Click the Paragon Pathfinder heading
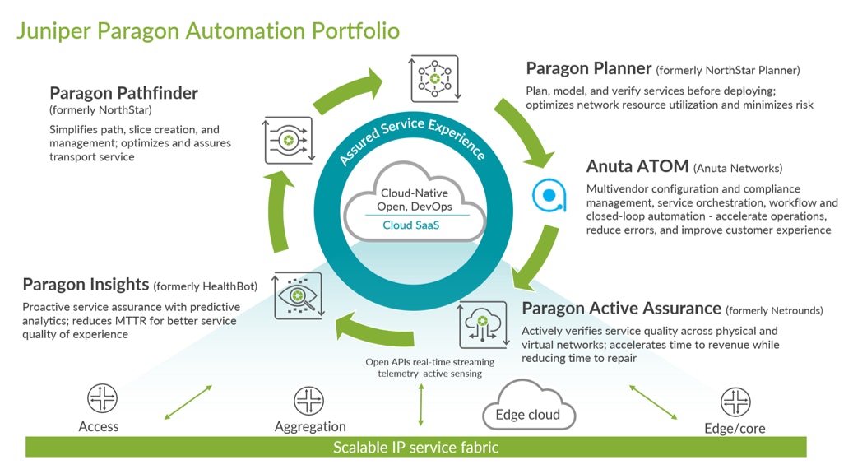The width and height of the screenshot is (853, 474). (x=123, y=93)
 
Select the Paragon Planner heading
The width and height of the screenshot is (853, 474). (x=589, y=69)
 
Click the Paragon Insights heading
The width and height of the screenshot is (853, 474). (x=86, y=285)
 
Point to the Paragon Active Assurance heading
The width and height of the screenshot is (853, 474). (x=621, y=309)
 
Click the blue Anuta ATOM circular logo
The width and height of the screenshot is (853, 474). (x=548, y=194)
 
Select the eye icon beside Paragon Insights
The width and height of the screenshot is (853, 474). (x=299, y=296)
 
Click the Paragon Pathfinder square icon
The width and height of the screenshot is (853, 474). (x=288, y=139)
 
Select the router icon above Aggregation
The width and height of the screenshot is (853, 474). (x=308, y=401)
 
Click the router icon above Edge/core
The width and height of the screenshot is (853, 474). (x=735, y=402)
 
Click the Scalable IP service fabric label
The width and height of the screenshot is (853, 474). (x=415, y=448)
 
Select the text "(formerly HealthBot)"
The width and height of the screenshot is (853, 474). (x=205, y=286)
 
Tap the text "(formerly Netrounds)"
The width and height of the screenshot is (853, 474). (x=774, y=310)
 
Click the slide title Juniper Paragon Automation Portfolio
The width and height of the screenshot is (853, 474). (x=208, y=31)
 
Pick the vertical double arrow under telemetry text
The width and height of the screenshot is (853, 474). (x=421, y=405)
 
